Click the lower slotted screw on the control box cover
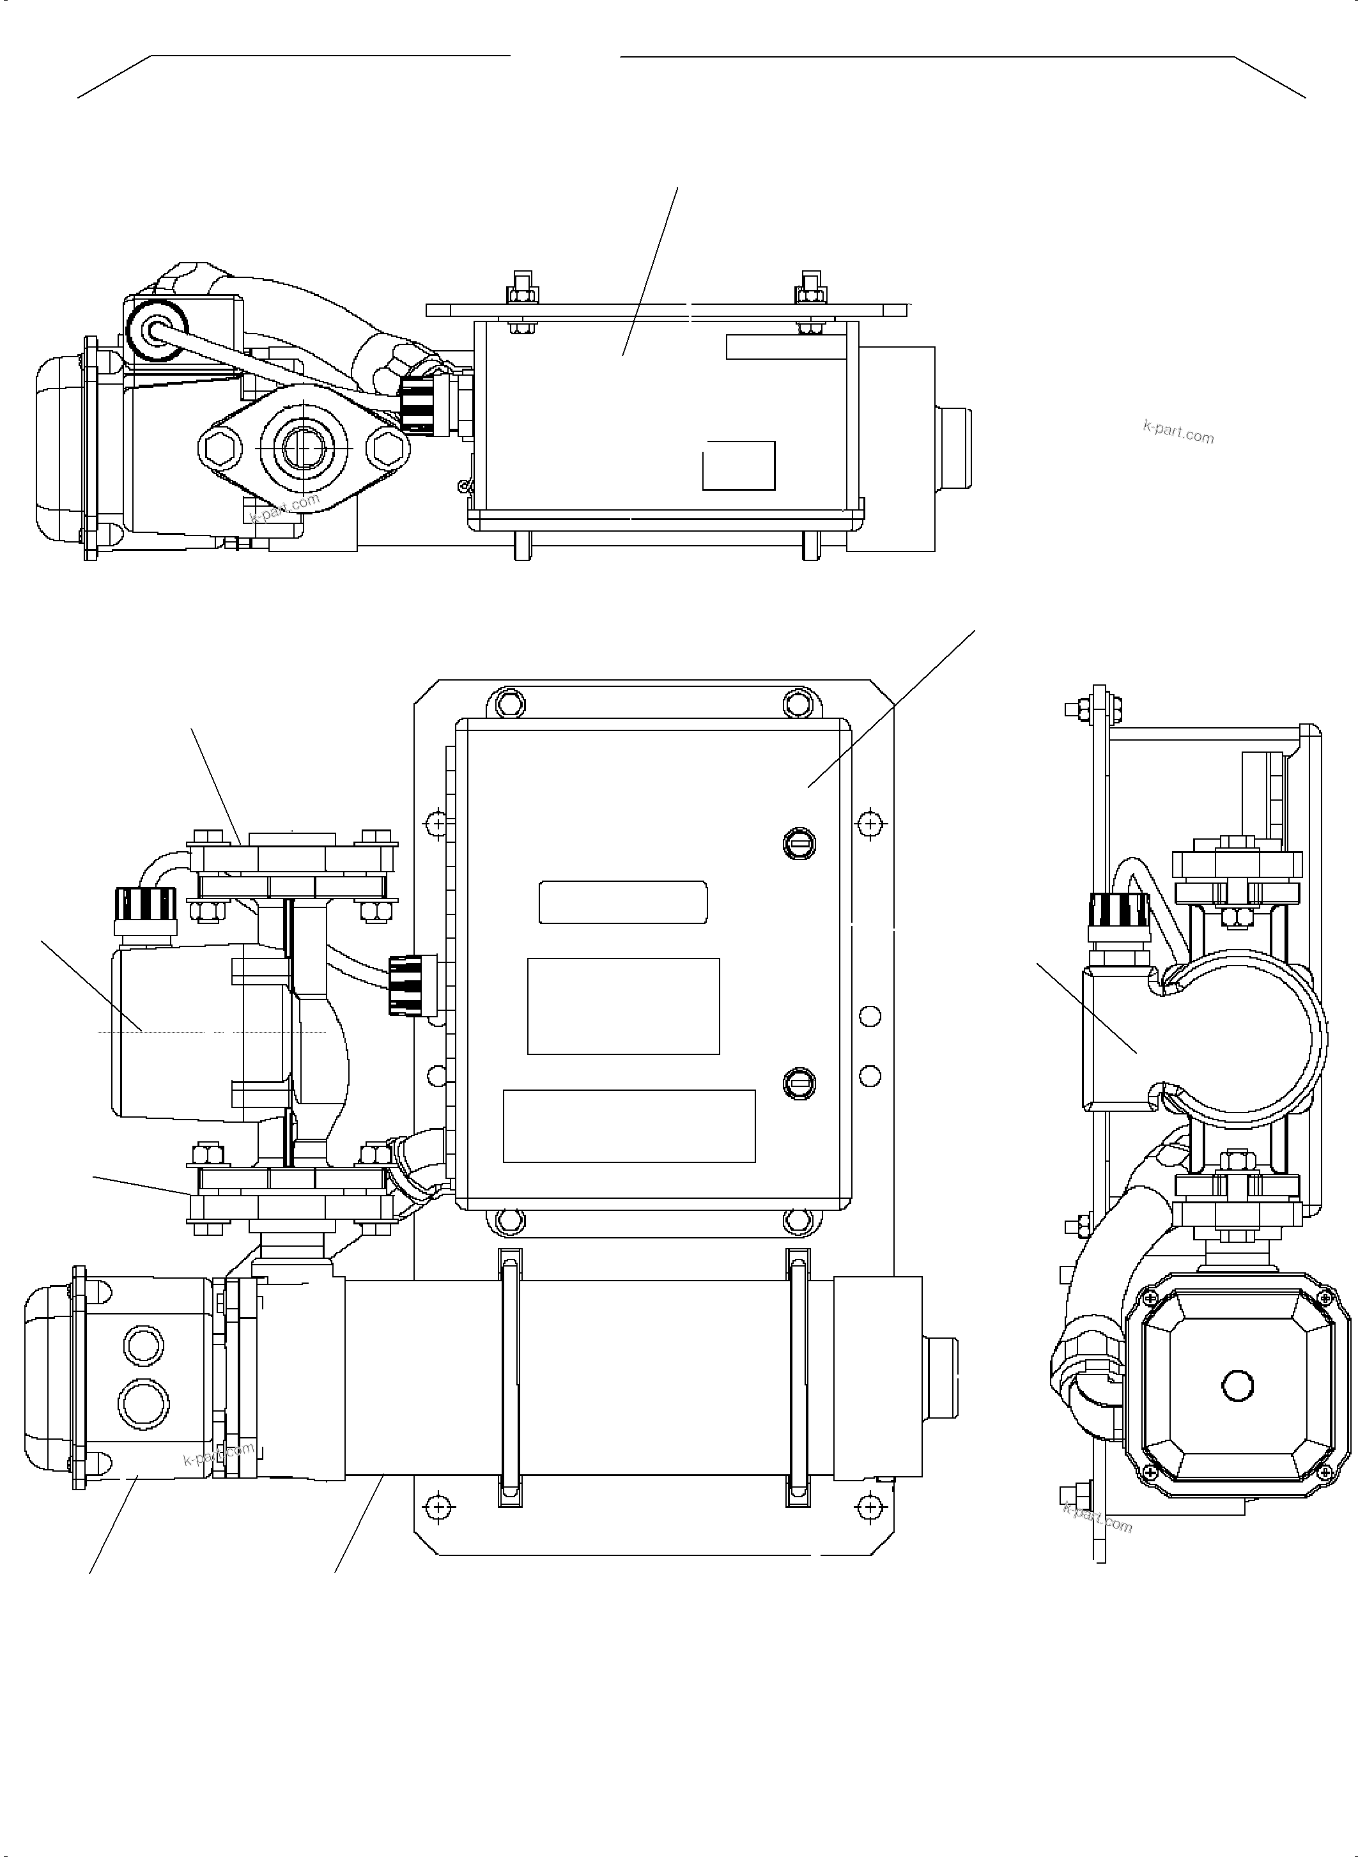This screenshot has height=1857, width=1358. pyautogui.click(x=799, y=1083)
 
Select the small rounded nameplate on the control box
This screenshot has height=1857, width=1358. pyautogui.click(x=623, y=902)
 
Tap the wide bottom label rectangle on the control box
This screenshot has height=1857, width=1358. pyautogui.click(x=629, y=1125)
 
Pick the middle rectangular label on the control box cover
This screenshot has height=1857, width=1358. pyautogui.click(x=623, y=1005)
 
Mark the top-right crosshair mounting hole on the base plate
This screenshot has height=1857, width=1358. pyautogui.click(x=870, y=823)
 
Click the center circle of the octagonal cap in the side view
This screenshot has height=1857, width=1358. pyautogui.click(x=1237, y=1385)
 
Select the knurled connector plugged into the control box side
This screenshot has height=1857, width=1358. pyautogui.click(x=408, y=985)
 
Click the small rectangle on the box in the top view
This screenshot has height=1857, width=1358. pyautogui.click(x=738, y=465)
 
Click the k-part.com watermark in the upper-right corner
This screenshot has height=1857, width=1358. pyautogui.click(x=1178, y=431)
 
